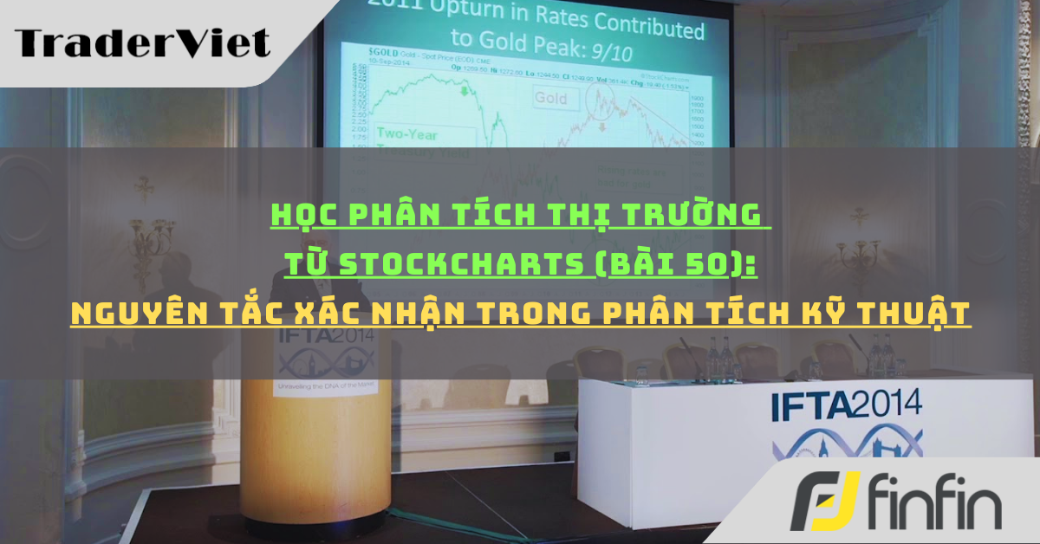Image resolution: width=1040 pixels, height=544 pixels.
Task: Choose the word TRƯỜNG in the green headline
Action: point(710,213)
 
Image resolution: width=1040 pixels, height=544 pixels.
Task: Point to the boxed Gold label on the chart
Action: point(549,99)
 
